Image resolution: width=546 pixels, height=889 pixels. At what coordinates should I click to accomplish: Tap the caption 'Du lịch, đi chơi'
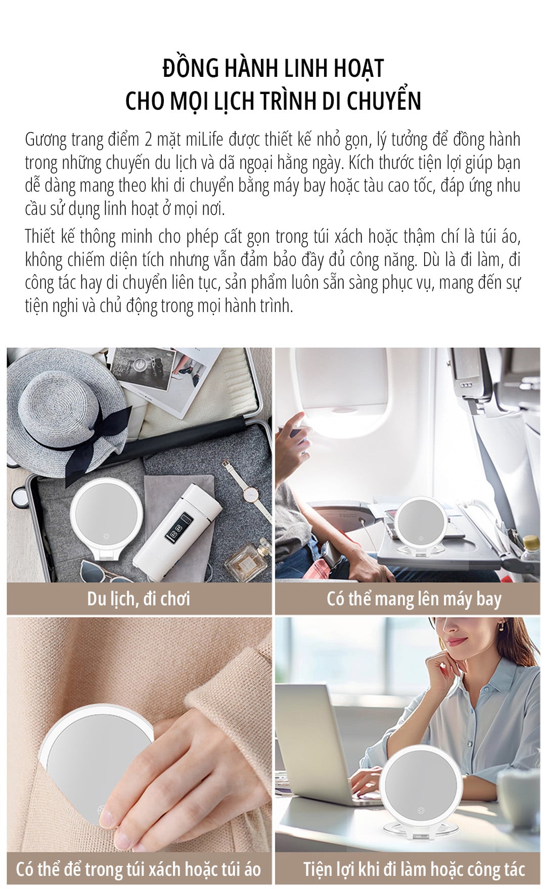click(x=139, y=599)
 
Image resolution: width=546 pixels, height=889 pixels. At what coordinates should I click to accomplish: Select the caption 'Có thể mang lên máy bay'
click(x=414, y=599)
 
